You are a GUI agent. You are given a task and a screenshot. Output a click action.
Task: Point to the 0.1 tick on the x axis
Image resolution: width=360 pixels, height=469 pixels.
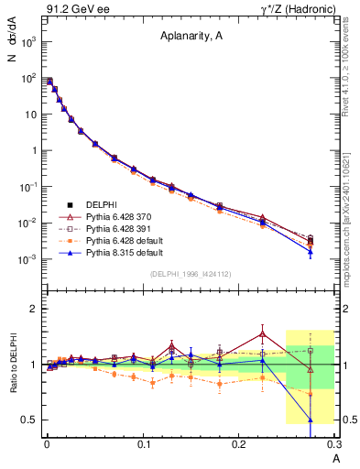pyautogui.click(x=143, y=444)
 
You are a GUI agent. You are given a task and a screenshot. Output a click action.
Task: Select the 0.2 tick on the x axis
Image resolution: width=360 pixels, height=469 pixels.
pyautogui.click(x=240, y=444)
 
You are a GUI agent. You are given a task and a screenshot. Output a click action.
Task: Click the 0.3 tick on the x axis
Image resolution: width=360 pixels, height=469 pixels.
pyautogui.click(x=335, y=444)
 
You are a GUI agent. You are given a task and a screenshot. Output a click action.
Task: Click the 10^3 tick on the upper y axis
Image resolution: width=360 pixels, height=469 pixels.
pyautogui.click(x=28, y=42)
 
